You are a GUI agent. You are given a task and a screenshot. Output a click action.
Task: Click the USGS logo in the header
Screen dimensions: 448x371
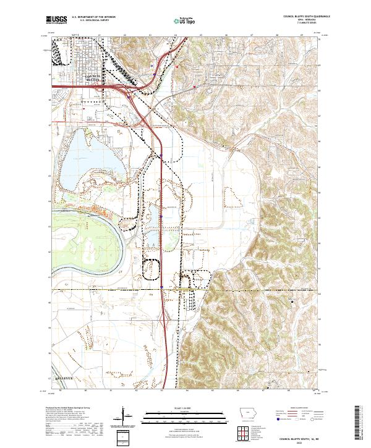pos(56,20)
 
